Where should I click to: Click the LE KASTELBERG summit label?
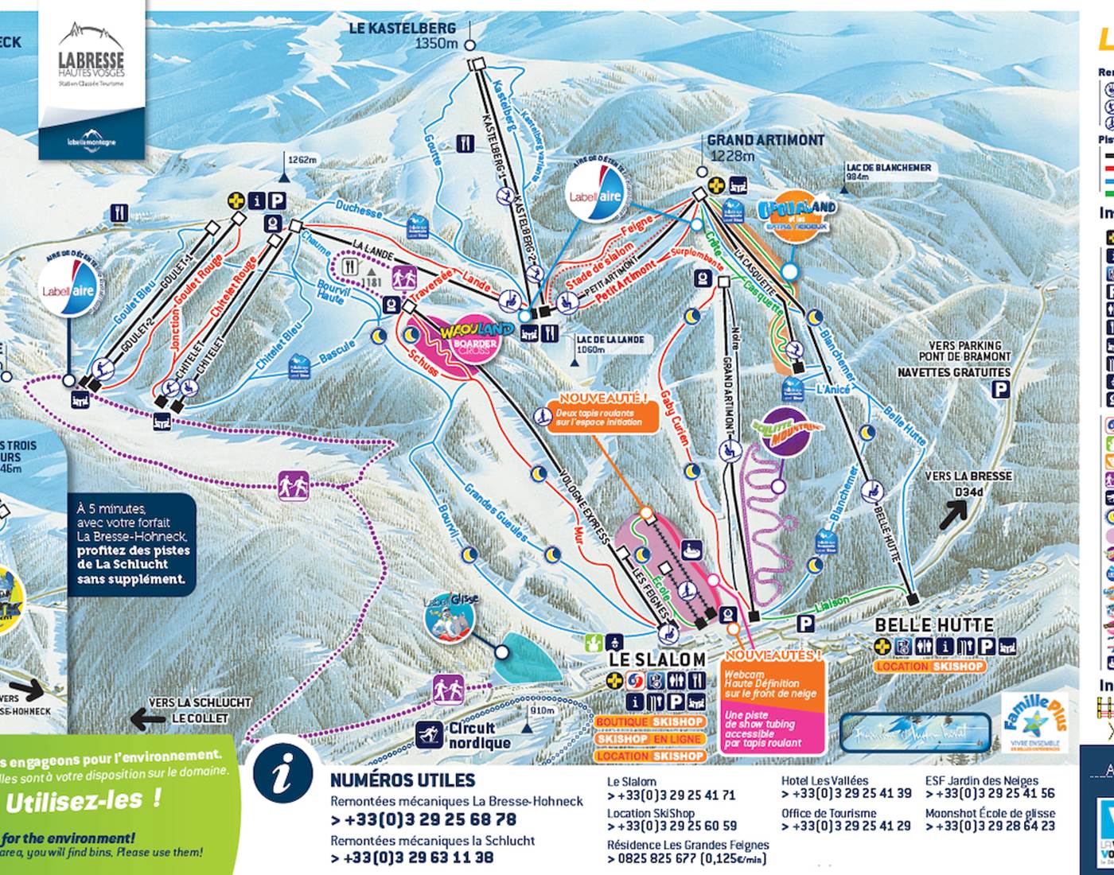tap(403, 29)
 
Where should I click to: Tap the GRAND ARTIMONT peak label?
tap(754, 141)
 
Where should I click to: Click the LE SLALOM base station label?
tap(656, 659)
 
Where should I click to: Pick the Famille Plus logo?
tap(1034, 722)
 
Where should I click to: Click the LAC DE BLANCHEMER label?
tap(888, 168)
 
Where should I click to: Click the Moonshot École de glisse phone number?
tap(990, 826)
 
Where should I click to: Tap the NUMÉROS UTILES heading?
tap(402, 780)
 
